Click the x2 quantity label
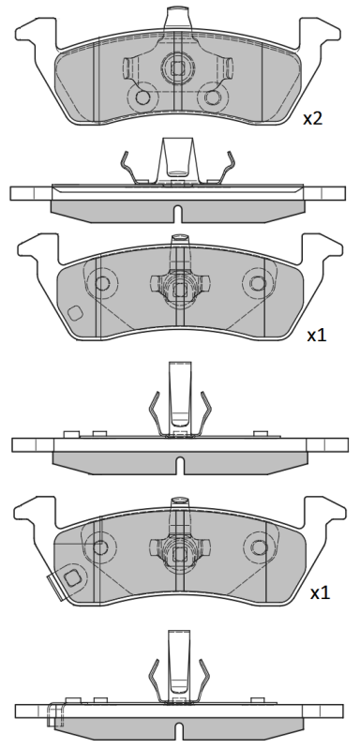[312, 118]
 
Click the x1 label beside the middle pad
[318, 335]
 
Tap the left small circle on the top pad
[143, 97]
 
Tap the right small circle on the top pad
[214, 97]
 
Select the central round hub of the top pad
[176, 66]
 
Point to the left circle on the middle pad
[101, 282]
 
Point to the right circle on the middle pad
[256, 282]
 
